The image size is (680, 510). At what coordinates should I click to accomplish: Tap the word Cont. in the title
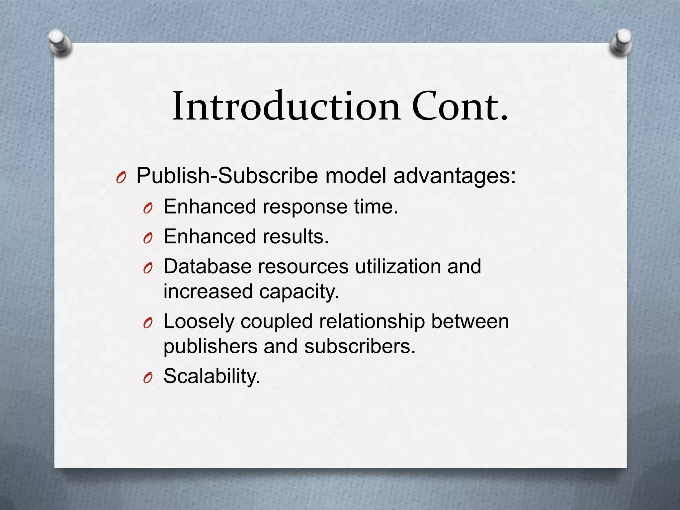point(460,106)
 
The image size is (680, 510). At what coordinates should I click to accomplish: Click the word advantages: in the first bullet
point(455,176)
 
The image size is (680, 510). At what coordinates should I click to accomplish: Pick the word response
point(305,207)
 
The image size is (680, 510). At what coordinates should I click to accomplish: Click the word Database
point(207,267)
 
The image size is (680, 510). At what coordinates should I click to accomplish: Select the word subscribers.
point(360,347)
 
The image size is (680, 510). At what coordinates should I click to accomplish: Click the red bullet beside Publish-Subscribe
point(121,178)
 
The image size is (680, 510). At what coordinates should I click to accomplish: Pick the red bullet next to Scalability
point(148,378)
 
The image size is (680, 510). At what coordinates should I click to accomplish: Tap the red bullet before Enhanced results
point(148,238)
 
